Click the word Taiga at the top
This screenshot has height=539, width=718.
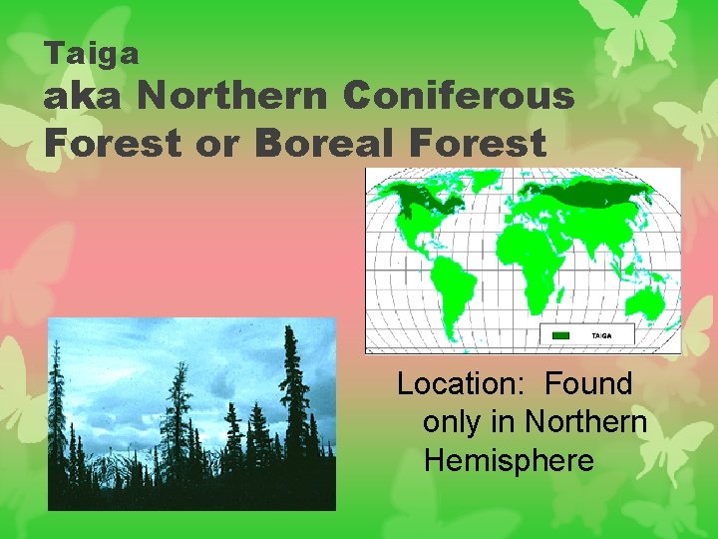(x=92, y=53)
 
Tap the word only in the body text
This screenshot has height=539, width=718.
(x=450, y=422)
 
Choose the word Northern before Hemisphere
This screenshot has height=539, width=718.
(x=586, y=422)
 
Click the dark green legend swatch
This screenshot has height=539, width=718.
(x=561, y=335)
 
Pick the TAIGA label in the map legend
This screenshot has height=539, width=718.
(x=602, y=335)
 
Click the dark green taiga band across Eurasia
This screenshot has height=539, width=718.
(x=588, y=196)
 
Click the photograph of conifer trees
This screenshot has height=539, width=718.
(x=191, y=413)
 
